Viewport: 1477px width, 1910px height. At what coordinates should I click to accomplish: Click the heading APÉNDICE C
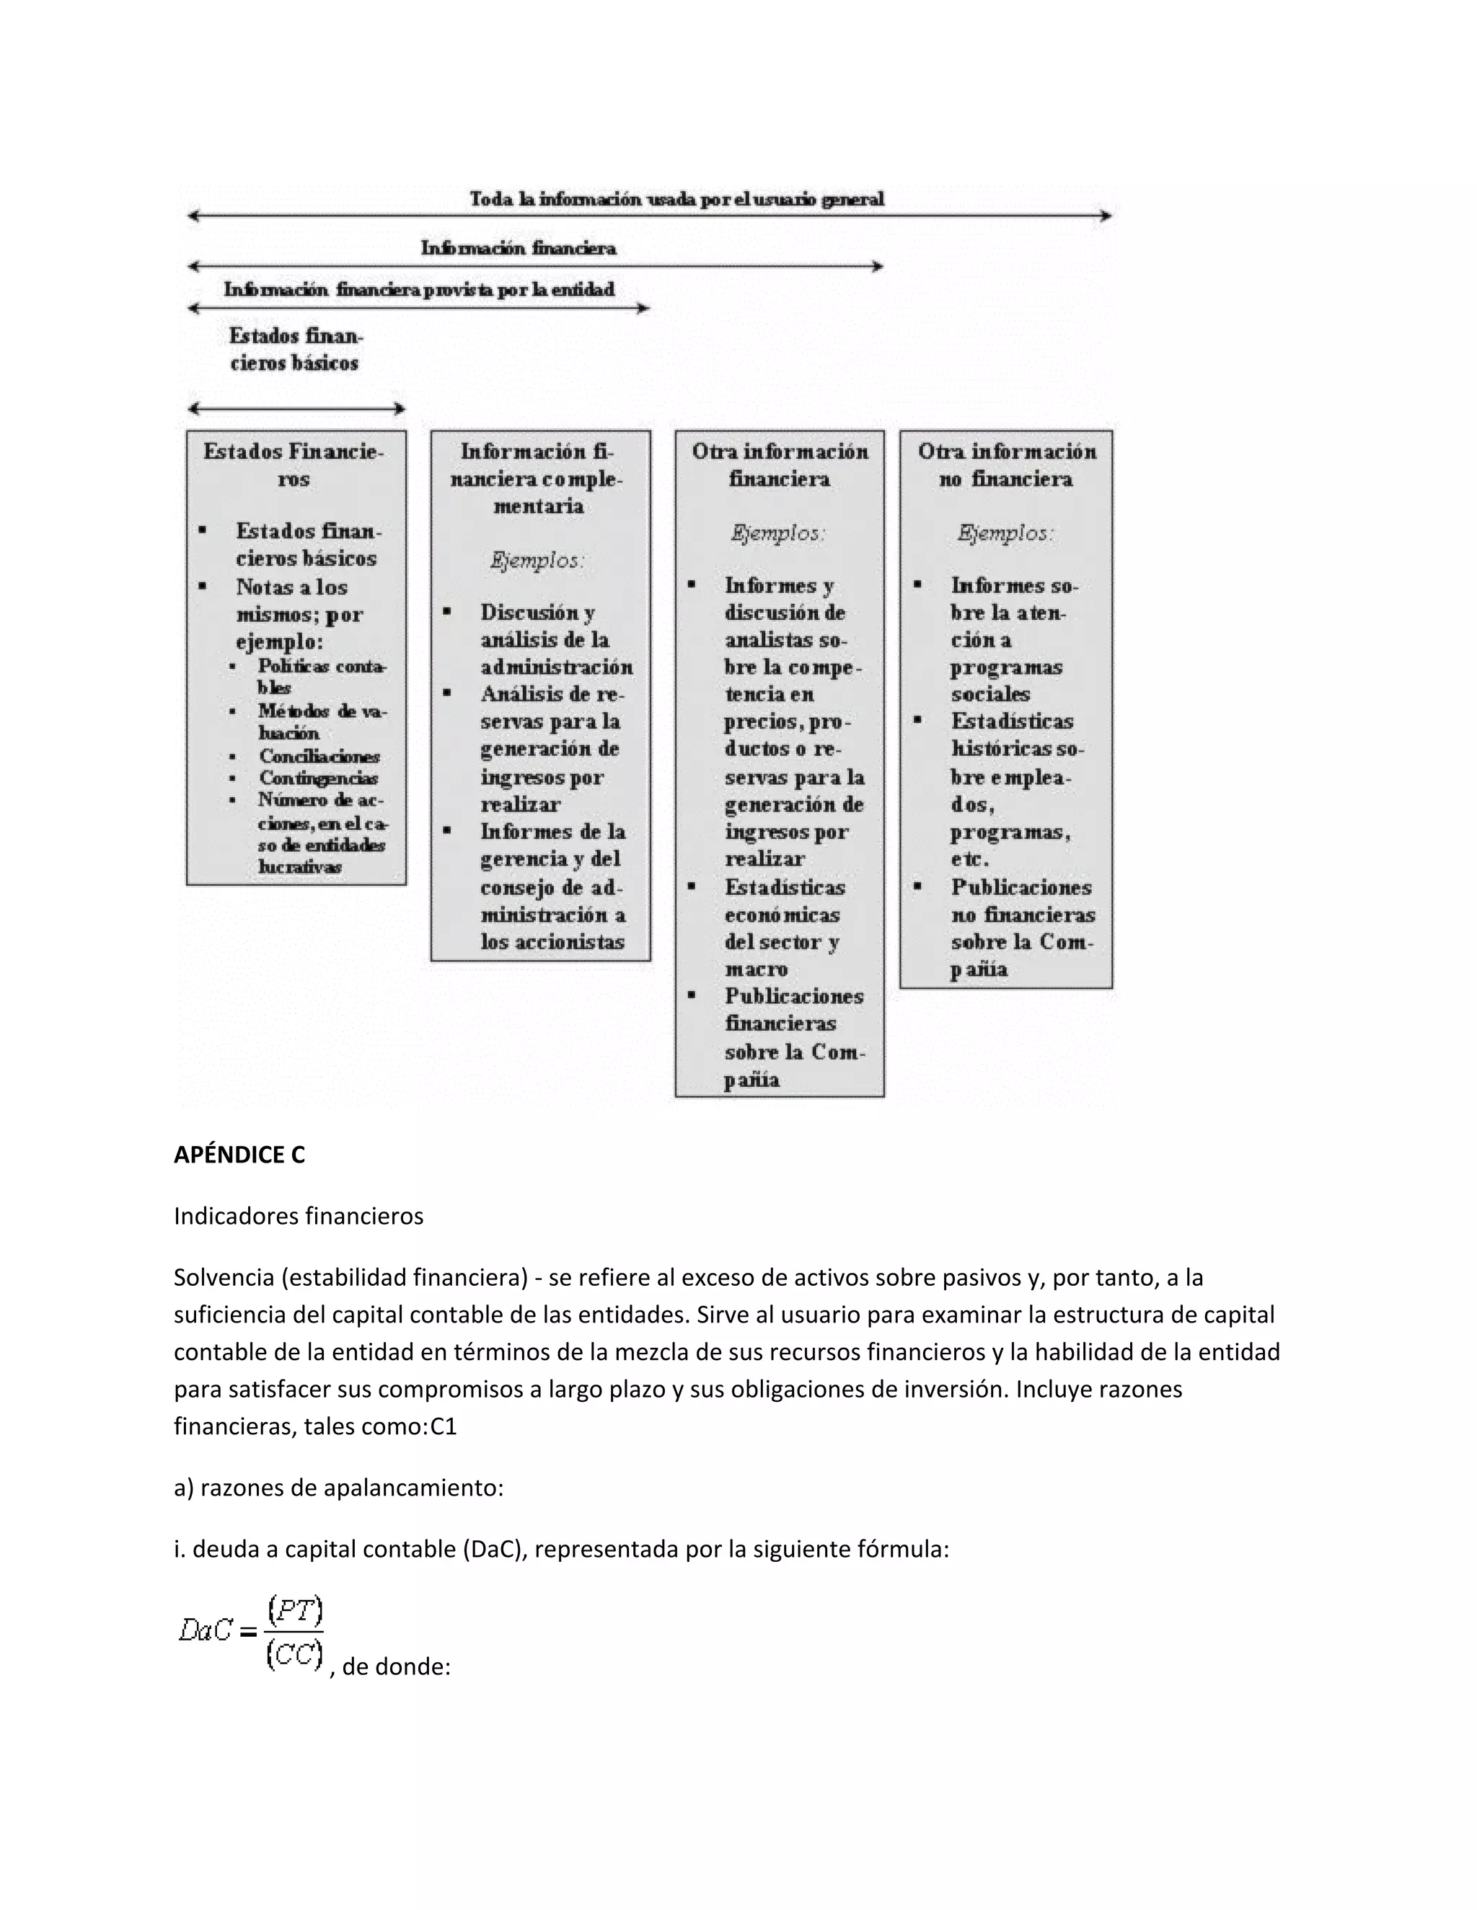pos(239,1155)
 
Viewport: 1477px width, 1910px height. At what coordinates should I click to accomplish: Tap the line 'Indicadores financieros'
pos(299,1216)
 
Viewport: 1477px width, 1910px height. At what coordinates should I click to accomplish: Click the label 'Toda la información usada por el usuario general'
pos(676,200)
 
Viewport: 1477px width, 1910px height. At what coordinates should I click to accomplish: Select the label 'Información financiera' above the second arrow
pos(518,249)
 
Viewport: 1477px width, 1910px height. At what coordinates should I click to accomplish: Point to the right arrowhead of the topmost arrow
pos(1107,216)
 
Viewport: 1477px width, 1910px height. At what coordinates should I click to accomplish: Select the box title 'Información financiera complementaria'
pos(538,479)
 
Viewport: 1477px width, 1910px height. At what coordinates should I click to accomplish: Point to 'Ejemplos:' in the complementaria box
pos(537,561)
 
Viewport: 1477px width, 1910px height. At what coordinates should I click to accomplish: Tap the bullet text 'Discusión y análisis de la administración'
pos(555,639)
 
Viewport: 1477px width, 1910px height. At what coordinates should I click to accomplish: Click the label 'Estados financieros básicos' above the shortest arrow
pos(295,349)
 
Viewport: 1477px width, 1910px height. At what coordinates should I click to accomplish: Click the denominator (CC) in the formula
pos(295,1653)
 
